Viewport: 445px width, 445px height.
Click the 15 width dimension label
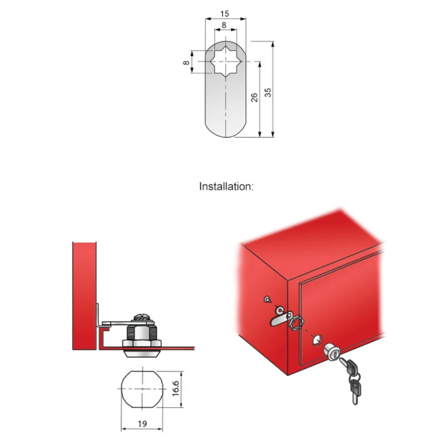(225, 13)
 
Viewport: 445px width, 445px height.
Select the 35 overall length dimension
(268, 92)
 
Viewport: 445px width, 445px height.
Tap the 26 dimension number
(254, 97)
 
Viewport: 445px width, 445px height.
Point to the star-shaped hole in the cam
(226, 62)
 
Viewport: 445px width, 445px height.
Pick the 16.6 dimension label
(176, 388)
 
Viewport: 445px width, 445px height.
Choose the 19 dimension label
(142, 424)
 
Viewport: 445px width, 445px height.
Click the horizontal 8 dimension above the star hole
(224, 25)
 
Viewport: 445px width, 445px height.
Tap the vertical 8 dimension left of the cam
(186, 62)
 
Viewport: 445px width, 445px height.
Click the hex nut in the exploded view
(297, 323)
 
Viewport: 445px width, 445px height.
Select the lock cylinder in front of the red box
(332, 352)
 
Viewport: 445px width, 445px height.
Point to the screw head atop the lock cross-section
(141, 317)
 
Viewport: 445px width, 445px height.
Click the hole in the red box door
(317, 340)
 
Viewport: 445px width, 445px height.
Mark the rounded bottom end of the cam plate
(226, 131)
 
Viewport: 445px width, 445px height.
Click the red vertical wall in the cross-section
(85, 296)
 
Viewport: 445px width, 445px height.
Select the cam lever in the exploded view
(280, 319)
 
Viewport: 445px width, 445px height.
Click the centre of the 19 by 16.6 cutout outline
(142, 389)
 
